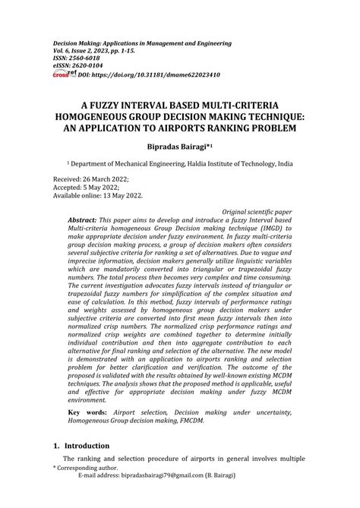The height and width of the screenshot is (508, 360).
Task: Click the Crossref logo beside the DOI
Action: click(x=60, y=74)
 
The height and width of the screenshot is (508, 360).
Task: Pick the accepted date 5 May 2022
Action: click(x=107, y=187)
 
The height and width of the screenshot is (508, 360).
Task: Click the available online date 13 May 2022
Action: click(x=125, y=196)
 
